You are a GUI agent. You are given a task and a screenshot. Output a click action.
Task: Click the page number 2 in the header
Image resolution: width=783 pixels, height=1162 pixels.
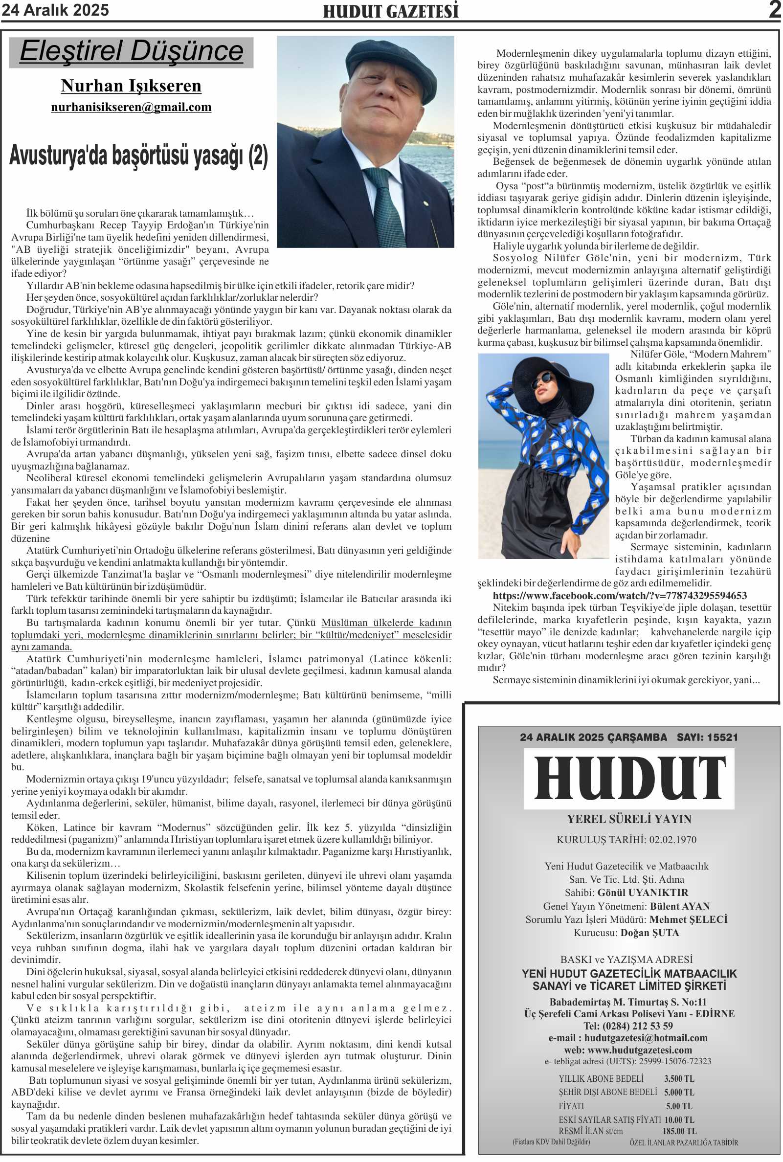click(775, 9)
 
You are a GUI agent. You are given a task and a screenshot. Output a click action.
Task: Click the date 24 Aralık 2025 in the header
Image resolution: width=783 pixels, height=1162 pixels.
click(55, 10)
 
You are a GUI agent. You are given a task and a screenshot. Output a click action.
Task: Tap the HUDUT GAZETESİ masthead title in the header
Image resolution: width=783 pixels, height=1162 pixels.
click(390, 11)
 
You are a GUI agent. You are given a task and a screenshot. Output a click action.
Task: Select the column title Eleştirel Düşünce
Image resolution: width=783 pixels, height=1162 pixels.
click(132, 51)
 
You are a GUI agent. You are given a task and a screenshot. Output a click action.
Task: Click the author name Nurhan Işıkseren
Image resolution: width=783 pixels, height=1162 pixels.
click(132, 86)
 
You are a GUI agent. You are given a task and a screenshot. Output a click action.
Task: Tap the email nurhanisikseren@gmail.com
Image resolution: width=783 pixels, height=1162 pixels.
click(132, 108)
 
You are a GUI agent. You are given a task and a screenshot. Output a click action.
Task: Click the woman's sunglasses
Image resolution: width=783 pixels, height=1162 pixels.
click(542, 383)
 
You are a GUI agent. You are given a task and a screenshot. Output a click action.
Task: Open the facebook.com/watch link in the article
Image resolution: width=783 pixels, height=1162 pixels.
click(619, 595)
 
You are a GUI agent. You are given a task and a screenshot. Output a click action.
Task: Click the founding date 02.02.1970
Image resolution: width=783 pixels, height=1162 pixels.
click(672, 839)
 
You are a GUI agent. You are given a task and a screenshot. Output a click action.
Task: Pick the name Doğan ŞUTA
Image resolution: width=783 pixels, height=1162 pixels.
click(649, 932)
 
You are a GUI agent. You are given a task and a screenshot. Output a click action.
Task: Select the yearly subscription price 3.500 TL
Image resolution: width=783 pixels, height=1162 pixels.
click(679, 1078)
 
